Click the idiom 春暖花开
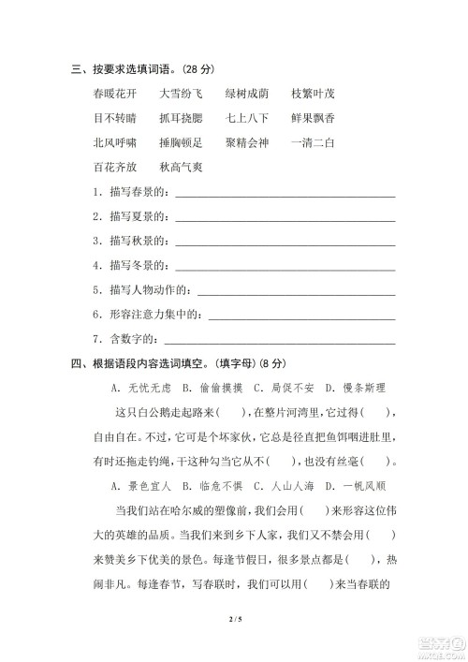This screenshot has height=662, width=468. click(115, 94)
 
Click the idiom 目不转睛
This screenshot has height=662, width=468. click(115, 118)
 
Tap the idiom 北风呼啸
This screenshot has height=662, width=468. click(115, 143)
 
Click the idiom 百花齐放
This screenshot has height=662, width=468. click(115, 168)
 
